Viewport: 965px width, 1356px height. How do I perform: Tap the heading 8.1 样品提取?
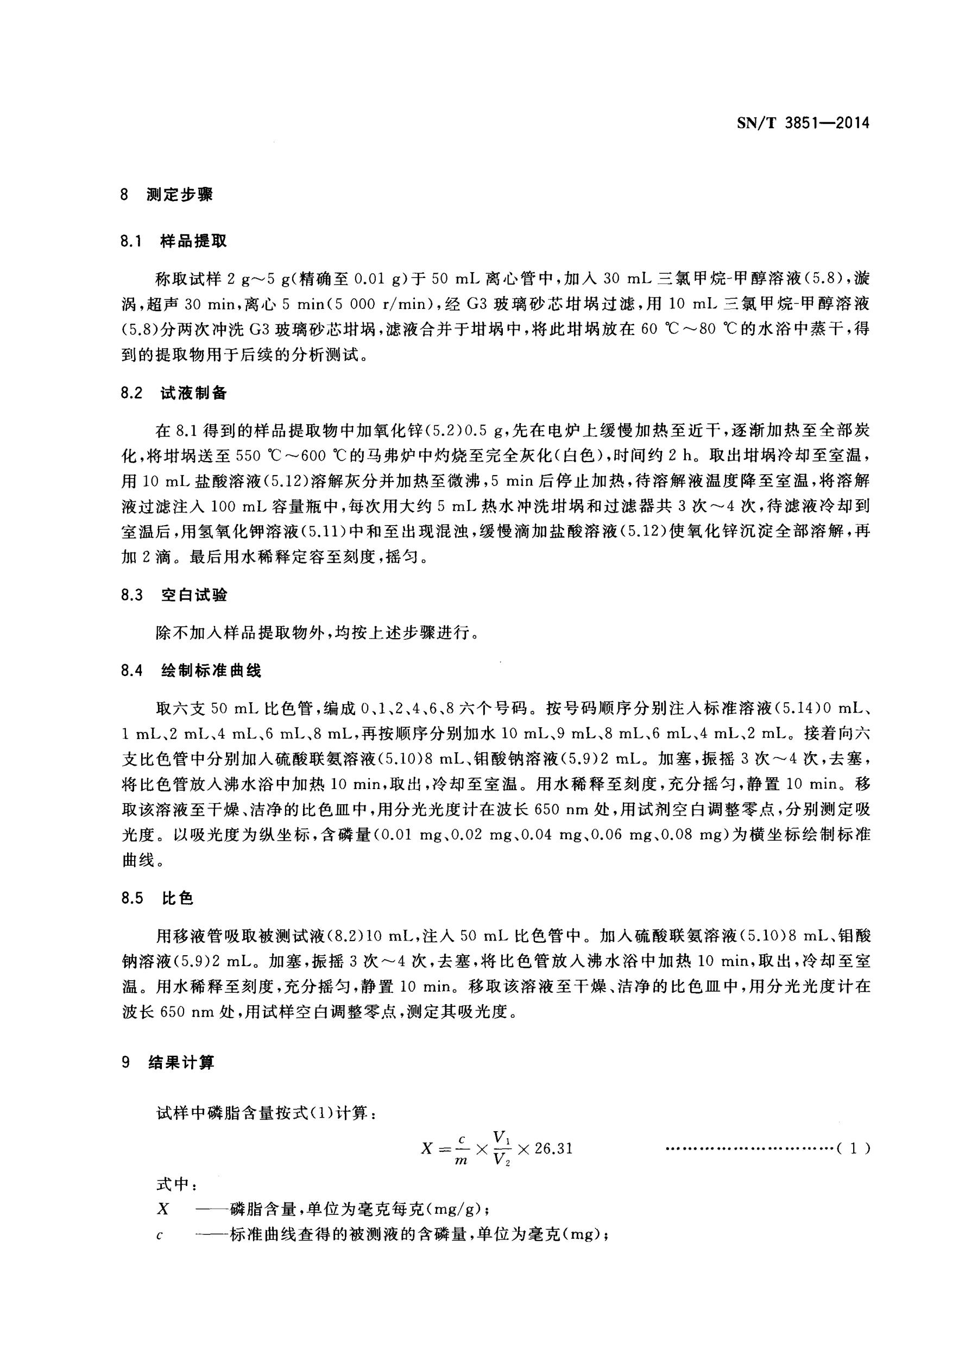point(174,241)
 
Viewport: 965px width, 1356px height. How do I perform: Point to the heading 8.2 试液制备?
point(174,393)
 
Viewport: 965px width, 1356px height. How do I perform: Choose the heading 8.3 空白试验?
point(174,595)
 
